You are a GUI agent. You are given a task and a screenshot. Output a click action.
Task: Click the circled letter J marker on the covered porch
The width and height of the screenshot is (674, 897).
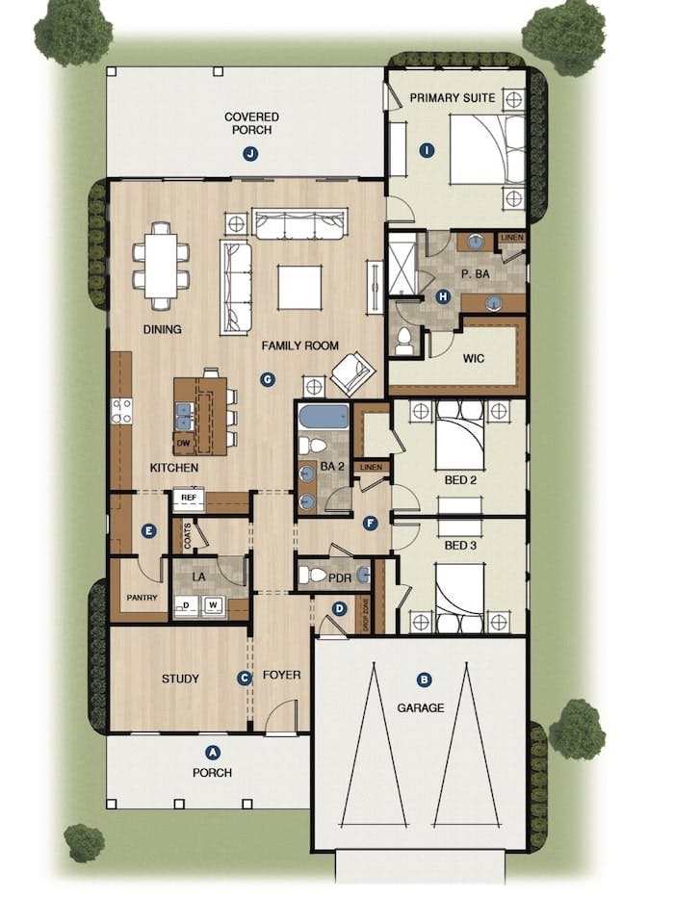[250, 153]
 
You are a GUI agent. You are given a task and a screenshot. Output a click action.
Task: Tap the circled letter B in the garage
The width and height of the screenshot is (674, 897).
[424, 679]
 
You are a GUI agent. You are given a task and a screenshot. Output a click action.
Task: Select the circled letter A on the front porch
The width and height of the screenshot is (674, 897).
[214, 753]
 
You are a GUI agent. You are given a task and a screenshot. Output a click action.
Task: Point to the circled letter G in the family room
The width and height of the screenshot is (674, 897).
[267, 378]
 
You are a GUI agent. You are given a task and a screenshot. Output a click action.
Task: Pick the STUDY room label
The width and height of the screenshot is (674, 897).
[180, 679]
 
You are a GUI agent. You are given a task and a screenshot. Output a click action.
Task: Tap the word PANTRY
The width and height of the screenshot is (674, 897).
[142, 598]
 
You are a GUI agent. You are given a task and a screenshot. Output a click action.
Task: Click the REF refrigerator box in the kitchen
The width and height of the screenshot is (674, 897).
[189, 500]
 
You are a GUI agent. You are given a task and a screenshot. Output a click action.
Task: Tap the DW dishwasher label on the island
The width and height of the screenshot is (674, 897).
[183, 444]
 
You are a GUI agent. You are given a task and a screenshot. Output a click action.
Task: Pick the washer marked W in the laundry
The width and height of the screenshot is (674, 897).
[213, 606]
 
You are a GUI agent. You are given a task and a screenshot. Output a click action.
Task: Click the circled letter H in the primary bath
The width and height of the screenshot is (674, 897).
[443, 296]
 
